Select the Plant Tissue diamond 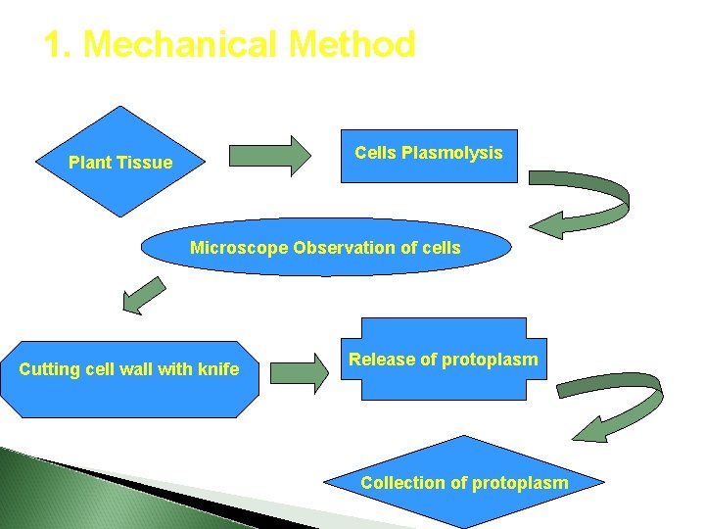click(119, 162)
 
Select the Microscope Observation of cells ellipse click(325, 248)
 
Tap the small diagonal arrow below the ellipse click(144, 295)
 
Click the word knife click(218, 369)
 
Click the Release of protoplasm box click(444, 360)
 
